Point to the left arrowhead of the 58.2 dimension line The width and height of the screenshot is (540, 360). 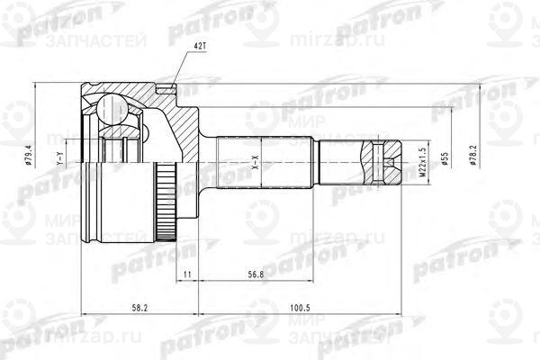[85, 314]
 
